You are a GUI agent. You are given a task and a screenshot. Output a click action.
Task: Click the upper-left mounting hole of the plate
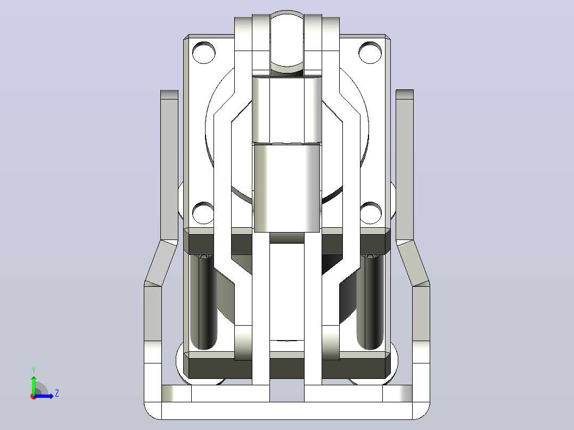click(203, 52)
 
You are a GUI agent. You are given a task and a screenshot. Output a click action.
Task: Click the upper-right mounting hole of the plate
click(370, 52)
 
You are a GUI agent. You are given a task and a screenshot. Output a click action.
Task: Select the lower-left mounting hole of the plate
click(203, 213)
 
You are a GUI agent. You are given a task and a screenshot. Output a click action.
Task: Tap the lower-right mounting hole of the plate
click(371, 213)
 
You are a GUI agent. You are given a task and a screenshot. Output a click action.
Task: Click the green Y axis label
click(34, 370)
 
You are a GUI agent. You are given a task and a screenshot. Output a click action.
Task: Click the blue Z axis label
click(57, 393)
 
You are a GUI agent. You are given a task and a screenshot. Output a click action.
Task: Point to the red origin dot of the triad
click(34, 396)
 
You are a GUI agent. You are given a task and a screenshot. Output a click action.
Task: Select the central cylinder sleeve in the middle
click(286, 187)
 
